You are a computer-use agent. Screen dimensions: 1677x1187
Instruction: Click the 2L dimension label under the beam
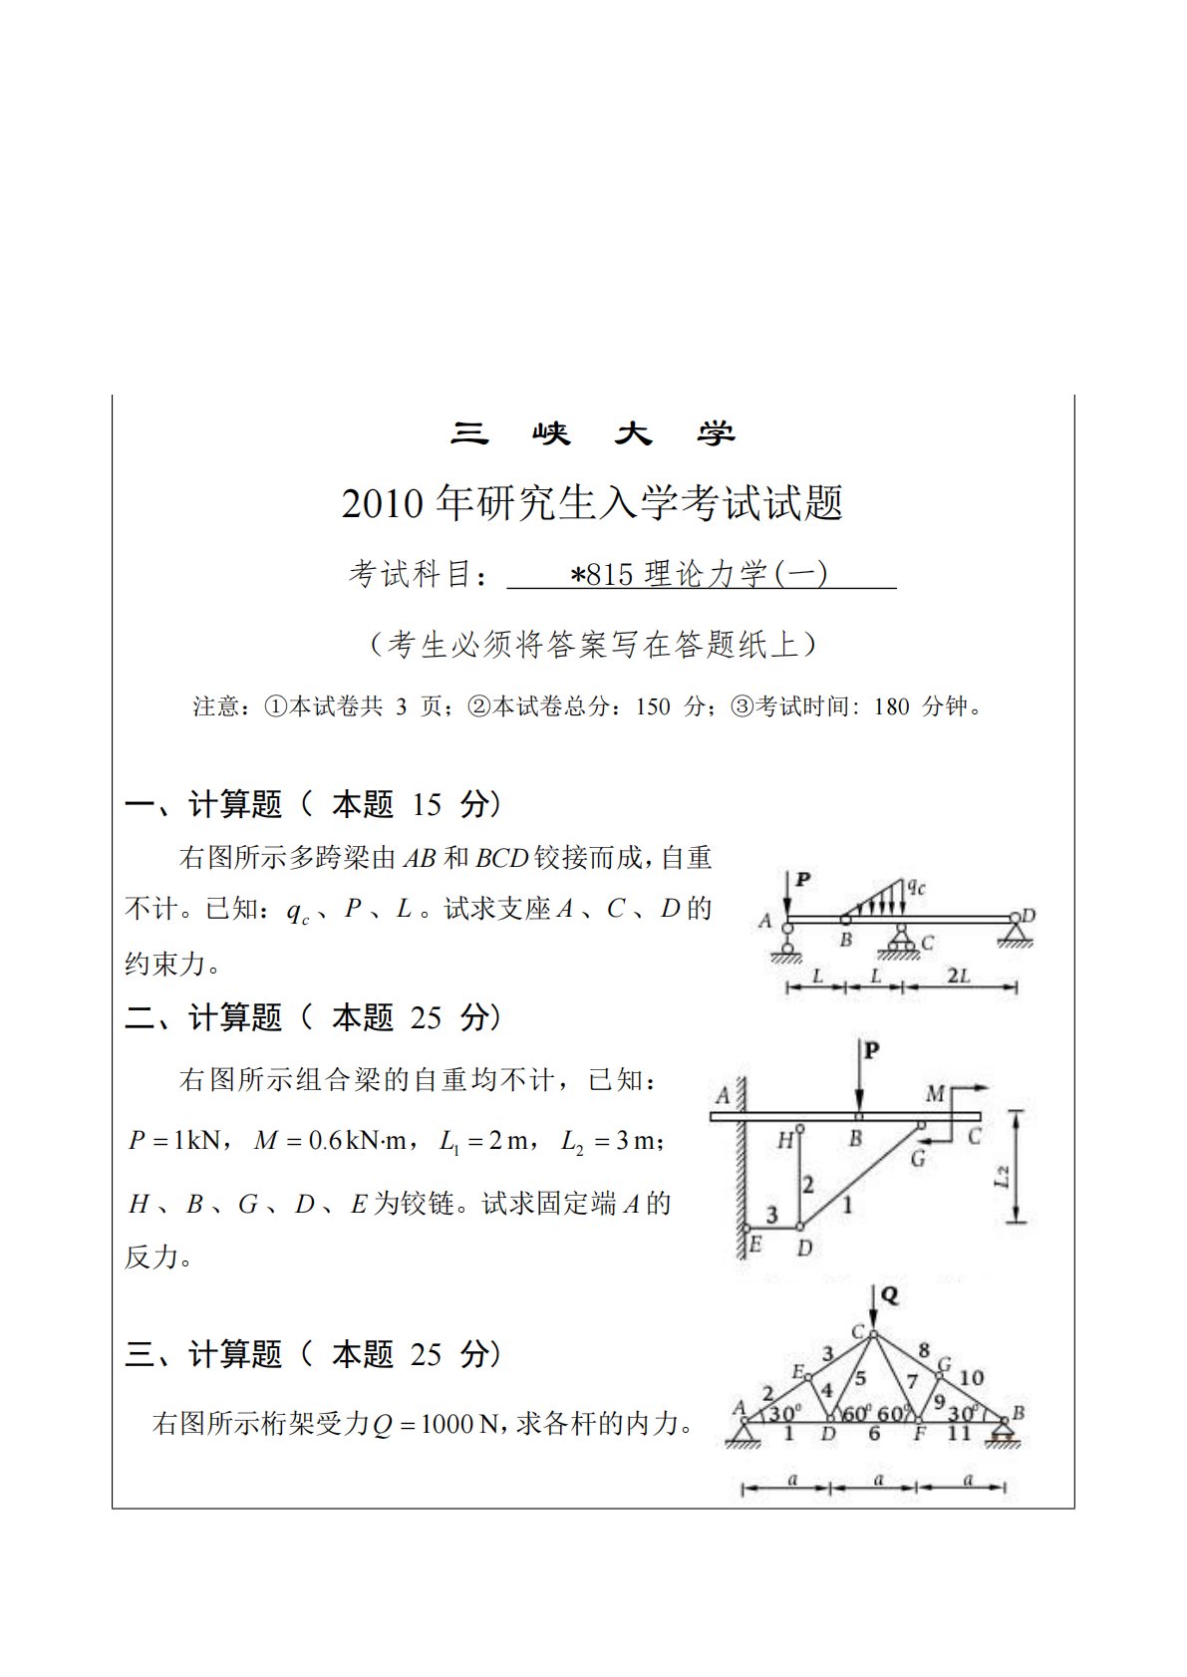tap(958, 976)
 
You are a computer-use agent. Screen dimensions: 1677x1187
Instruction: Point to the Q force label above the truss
tap(890, 1294)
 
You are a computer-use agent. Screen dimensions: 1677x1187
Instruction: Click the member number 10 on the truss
tap(971, 1377)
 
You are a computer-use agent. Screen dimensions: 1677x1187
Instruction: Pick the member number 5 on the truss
tap(861, 1379)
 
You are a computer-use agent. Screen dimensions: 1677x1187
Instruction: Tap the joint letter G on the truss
tap(944, 1364)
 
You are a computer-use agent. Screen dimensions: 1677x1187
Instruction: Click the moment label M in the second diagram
tap(935, 1094)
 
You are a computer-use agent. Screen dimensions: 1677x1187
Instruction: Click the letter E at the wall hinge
tap(754, 1245)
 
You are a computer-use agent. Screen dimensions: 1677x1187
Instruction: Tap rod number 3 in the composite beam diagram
tap(771, 1215)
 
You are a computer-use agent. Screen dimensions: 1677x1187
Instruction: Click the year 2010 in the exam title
tap(383, 504)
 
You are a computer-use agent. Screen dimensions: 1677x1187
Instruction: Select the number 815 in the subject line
tap(610, 575)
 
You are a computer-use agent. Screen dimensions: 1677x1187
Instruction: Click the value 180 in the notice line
tap(891, 707)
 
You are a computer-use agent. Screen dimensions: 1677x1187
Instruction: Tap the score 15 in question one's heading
tap(426, 804)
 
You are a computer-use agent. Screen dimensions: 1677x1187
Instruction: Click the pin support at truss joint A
tap(742, 1432)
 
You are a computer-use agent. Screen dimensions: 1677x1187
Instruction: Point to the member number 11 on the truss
tap(958, 1433)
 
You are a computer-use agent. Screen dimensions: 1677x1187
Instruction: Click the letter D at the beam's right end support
tap(1029, 915)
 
